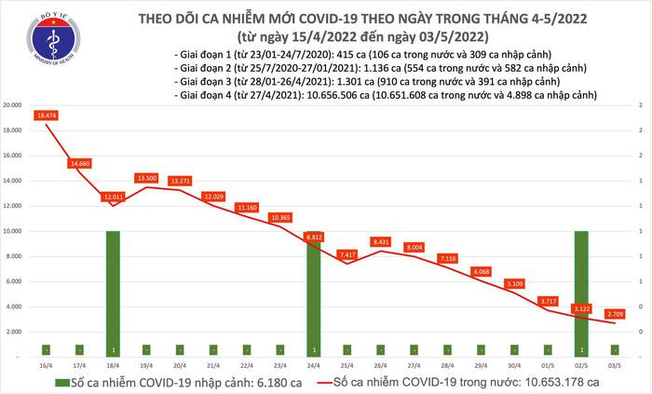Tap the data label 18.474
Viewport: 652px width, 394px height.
point(48,115)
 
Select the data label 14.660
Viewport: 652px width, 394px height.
point(79,163)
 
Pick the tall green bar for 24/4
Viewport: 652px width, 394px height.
point(314,293)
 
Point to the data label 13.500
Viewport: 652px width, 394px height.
point(146,178)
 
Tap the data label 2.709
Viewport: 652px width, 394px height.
point(616,314)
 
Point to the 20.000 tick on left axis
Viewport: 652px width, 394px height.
point(11,105)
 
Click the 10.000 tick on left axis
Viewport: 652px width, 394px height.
point(11,231)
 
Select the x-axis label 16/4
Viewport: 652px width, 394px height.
point(45,366)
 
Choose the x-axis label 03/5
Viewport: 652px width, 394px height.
point(616,366)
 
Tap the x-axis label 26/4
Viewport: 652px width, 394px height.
point(381,366)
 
